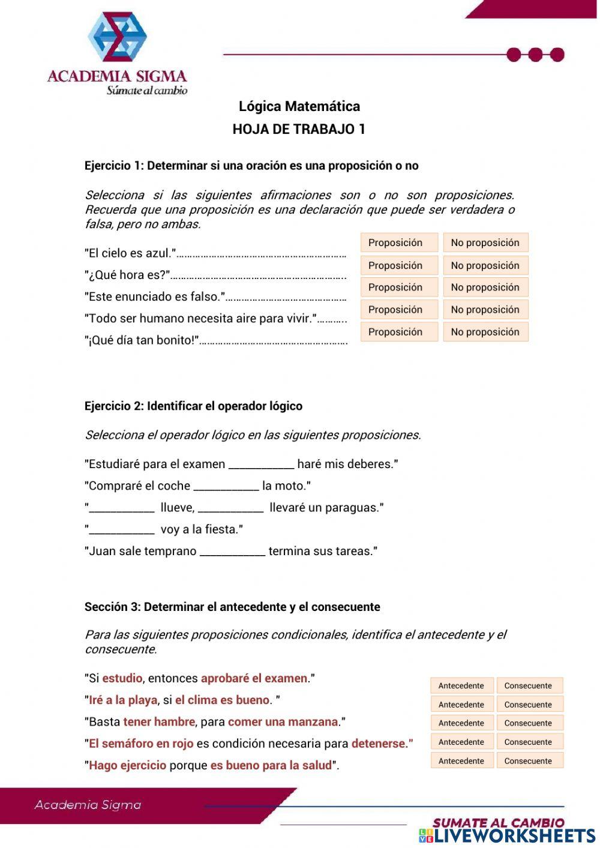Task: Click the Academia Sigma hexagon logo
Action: pos(117,37)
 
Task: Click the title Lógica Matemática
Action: pos(299,107)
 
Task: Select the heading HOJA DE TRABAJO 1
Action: pos(299,129)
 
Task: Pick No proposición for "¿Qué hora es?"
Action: pos(485,265)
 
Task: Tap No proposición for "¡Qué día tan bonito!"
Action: pos(485,332)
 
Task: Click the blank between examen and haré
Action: pos(262,465)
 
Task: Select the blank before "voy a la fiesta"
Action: pos(122,530)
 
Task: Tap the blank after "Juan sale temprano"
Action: pos(232,552)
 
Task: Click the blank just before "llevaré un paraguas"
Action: pos(231,508)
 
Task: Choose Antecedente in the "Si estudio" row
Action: pos(461,685)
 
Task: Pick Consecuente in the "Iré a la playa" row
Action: pos(529,705)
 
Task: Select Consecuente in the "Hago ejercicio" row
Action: pos(529,761)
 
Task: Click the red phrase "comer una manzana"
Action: pos(283,722)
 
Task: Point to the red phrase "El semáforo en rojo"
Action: pos(141,744)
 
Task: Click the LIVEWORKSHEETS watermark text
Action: pos(514,836)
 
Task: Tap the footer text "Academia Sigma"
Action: pos(88,805)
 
